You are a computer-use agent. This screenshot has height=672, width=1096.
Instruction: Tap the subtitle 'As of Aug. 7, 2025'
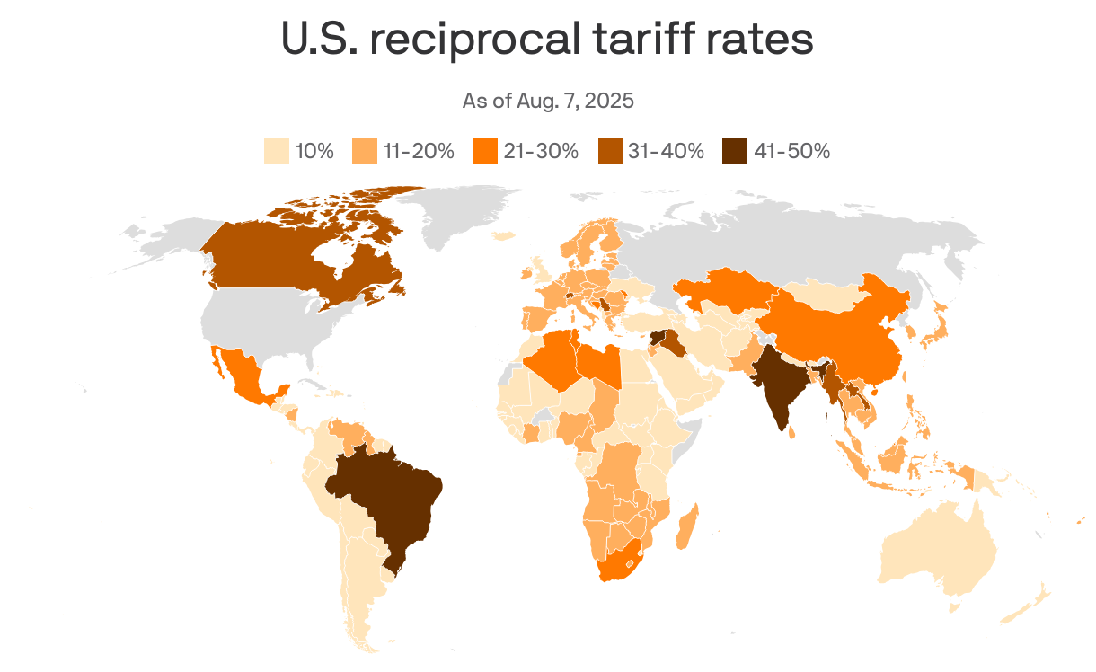[548, 101]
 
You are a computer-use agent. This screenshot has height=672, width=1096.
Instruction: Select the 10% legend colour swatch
[276, 151]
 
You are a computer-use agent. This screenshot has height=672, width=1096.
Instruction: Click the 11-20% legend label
[419, 151]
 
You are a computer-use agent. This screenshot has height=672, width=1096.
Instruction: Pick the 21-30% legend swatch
[484, 151]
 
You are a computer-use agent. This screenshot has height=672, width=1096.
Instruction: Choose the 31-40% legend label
[666, 151]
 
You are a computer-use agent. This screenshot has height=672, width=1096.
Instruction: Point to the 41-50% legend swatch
[735, 151]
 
